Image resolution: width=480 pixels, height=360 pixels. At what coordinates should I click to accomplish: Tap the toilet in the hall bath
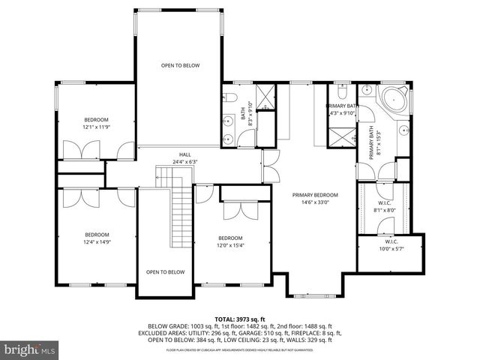click(x=232, y=97)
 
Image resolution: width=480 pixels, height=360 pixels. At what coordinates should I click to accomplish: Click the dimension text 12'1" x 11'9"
click(x=96, y=127)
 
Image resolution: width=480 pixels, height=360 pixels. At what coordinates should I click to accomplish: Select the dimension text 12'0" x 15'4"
click(x=231, y=245)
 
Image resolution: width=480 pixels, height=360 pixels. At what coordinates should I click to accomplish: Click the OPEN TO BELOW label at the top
click(x=181, y=66)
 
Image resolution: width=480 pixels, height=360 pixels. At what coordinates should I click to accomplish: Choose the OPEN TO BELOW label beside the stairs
click(x=165, y=271)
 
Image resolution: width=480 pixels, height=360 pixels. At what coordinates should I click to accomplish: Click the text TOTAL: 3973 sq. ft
click(x=240, y=319)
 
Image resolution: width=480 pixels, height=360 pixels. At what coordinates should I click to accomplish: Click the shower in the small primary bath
click(x=339, y=137)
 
